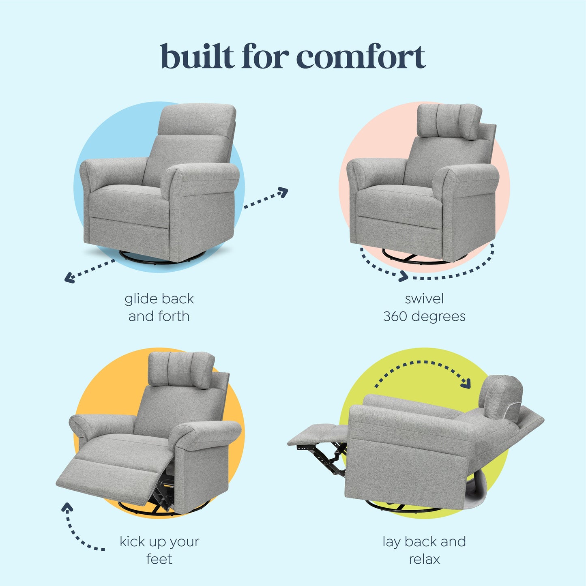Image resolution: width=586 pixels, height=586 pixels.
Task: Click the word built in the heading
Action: point(197,57)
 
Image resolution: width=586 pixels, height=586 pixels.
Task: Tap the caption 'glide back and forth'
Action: point(159,307)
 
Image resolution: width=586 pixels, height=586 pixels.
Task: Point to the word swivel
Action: point(424,299)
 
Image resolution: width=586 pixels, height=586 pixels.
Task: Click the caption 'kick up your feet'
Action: point(159,550)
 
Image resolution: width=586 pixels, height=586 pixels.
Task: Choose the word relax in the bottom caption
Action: point(424,559)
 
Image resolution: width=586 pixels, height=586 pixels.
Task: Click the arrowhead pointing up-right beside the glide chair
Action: point(283,192)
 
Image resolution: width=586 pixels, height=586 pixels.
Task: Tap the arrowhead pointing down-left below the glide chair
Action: point(69,278)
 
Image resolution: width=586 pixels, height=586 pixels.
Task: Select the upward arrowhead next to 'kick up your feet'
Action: point(67,507)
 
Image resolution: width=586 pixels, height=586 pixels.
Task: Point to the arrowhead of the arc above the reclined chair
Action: point(466,383)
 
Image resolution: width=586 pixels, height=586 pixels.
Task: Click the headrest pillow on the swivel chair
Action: point(449,121)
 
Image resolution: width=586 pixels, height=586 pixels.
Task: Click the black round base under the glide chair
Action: point(162,258)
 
